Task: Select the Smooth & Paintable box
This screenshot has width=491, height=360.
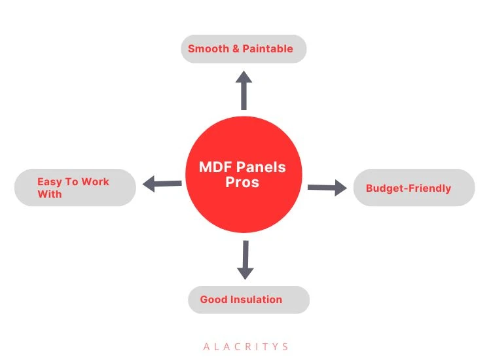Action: pyautogui.click(x=244, y=49)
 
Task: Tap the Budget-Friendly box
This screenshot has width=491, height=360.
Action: pyautogui.click(x=414, y=188)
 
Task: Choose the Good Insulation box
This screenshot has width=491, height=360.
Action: pyautogui.click(x=248, y=300)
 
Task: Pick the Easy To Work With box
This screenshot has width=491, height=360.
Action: pyautogui.click(x=75, y=188)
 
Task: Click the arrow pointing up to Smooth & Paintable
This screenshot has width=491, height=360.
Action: pyautogui.click(x=244, y=91)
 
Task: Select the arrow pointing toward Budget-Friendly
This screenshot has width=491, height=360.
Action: pyautogui.click(x=327, y=189)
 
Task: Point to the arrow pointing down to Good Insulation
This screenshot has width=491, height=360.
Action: pyautogui.click(x=245, y=259)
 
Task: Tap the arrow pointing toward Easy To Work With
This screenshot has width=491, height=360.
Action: pyautogui.click(x=162, y=184)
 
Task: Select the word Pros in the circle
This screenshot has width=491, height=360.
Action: pyautogui.click(x=242, y=183)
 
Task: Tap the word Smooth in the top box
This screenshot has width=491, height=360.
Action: pyautogui.click(x=208, y=49)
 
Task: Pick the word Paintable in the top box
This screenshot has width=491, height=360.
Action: pyautogui.click(x=268, y=49)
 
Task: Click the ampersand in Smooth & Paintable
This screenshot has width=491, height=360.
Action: pyautogui.click(x=236, y=49)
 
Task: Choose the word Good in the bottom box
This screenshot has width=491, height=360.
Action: pyautogui.click(x=213, y=300)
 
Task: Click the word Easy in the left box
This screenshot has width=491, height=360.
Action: pyautogui.click(x=50, y=182)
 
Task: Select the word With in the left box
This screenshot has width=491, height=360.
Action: pyautogui.click(x=50, y=194)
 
